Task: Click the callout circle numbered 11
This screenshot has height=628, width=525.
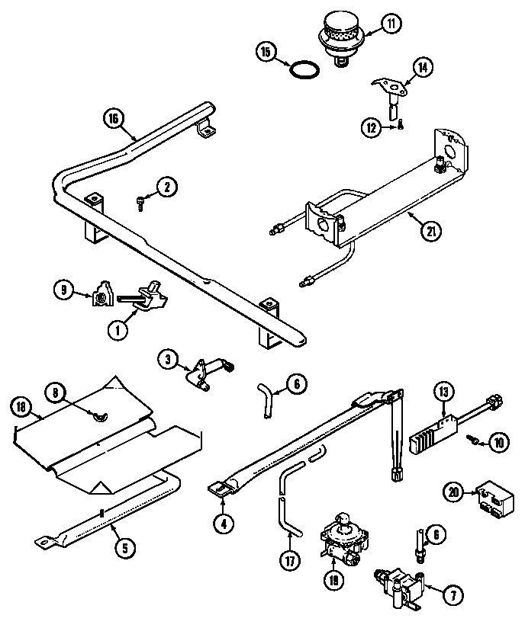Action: [x=390, y=24]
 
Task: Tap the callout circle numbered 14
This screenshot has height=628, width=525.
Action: [x=423, y=67]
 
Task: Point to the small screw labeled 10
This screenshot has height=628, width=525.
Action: [x=475, y=441]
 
